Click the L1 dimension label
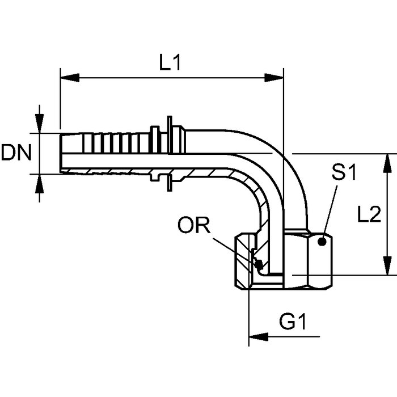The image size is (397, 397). pyautogui.click(x=170, y=62)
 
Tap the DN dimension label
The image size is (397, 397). pyautogui.click(x=16, y=153)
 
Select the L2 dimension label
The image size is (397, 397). pyautogui.click(x=369, y=214)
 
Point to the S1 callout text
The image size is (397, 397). pyautogui.click(x=344, y=172)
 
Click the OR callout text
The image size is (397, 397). pyautogui.click(x=194, y=225)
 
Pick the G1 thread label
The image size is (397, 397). pyautogui.click(x=293, y=322)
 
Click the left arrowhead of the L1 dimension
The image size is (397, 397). pyautogui.click(x=70, y=78)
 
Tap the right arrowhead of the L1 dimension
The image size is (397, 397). pyautogui.click(x=274, y=78)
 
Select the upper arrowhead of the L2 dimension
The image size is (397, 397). pyautogui.click(x=387, y=163)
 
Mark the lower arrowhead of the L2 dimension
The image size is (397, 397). pyautogui.click(x=387, y=265)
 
